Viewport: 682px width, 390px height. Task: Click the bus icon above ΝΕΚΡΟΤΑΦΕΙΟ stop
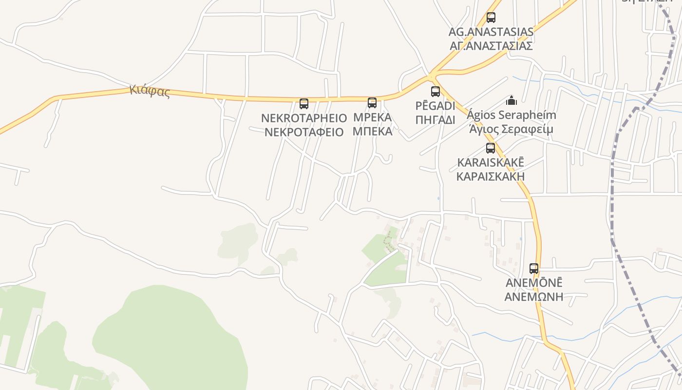click(304, 104)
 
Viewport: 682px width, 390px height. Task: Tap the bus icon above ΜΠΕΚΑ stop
click(372, 103)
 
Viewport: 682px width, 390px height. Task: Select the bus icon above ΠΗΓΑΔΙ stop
click(436, 92)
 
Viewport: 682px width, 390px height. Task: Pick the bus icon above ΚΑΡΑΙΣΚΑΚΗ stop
click(491, 148)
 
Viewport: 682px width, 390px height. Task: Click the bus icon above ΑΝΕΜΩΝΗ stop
click(534, 269)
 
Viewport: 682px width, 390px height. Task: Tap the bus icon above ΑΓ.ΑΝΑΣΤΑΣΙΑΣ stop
click(491, 18)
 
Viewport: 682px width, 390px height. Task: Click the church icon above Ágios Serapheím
click(511, 100)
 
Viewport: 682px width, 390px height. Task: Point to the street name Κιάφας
click(150, 91)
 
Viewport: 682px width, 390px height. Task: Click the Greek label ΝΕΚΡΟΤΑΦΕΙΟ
click(304, 132)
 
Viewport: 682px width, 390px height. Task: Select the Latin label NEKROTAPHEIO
click(304, 118)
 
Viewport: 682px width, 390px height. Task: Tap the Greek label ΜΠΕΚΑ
click(372, 131)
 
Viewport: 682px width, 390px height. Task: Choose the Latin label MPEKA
click(372, 117)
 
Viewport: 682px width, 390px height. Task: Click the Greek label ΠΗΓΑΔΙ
click(436, 120)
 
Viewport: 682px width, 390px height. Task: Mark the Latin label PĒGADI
click(436, 106)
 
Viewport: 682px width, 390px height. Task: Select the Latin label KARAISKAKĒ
click(491, 162)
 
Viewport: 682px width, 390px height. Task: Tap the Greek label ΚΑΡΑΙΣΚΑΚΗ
click(491, 176)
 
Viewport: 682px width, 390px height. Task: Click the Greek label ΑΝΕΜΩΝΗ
click(534, 296)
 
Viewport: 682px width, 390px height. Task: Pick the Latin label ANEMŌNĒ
click(534, 283)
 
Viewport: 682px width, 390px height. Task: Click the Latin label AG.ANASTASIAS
click(491, 32)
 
